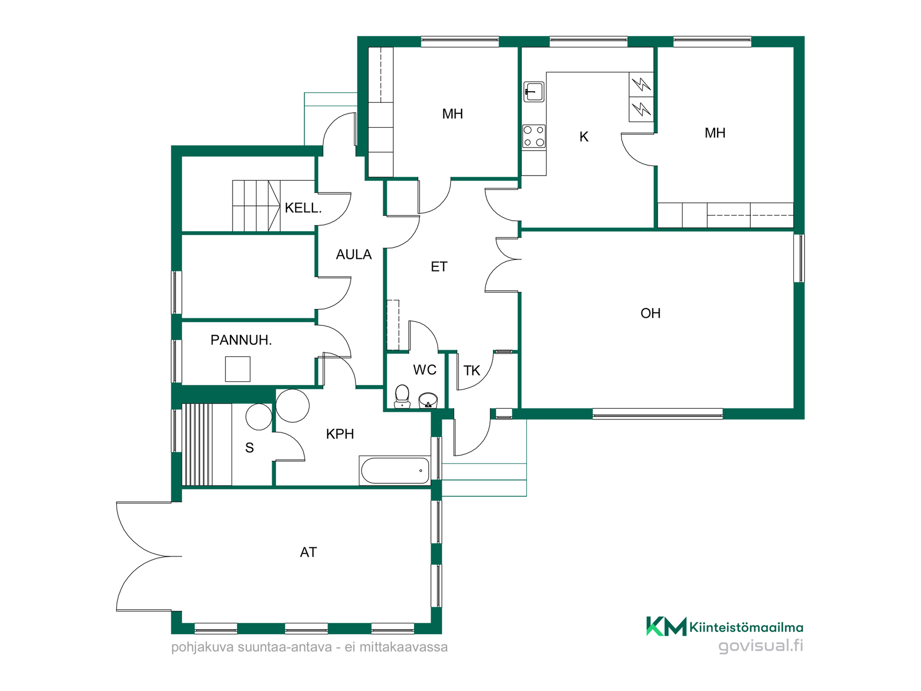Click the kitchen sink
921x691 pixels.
click(534, 91)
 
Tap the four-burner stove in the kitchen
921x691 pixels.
click(534, 136)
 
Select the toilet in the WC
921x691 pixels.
click(402, 396)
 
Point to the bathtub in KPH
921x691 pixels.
click(395, 471)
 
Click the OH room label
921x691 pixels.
click(650, 313)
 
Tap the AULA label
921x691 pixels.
click(354, 255)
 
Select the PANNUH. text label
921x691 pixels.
click(241, 340)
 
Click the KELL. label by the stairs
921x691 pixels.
click(303, 208)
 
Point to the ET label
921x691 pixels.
click(439, 267)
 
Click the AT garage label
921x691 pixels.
click(308, 552)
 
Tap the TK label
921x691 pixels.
click(472, 370)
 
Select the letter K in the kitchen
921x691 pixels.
click(584, 137)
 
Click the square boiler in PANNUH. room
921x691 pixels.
click(238, 369)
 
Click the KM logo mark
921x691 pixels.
click(666, 626)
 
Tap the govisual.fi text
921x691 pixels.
click(760, 646)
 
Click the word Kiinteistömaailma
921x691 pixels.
click(746, 627)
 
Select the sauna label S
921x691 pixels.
click(249, 448)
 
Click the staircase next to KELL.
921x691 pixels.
click(256, 206)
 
